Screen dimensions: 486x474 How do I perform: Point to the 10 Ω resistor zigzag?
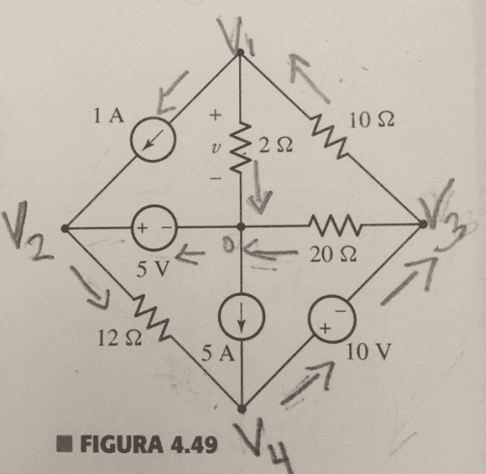coord(330,138)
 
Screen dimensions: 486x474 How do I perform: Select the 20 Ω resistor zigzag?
coord(336,224)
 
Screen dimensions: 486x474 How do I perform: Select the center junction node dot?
coord(241,227)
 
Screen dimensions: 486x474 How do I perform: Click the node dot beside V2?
coord(65,228)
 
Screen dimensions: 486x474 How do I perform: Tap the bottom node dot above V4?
coord(242,408)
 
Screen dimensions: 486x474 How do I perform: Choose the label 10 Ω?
coord(371,120)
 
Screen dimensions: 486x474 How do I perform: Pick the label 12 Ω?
coord(120,337)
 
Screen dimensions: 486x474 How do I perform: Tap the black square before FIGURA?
coord(65,444)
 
